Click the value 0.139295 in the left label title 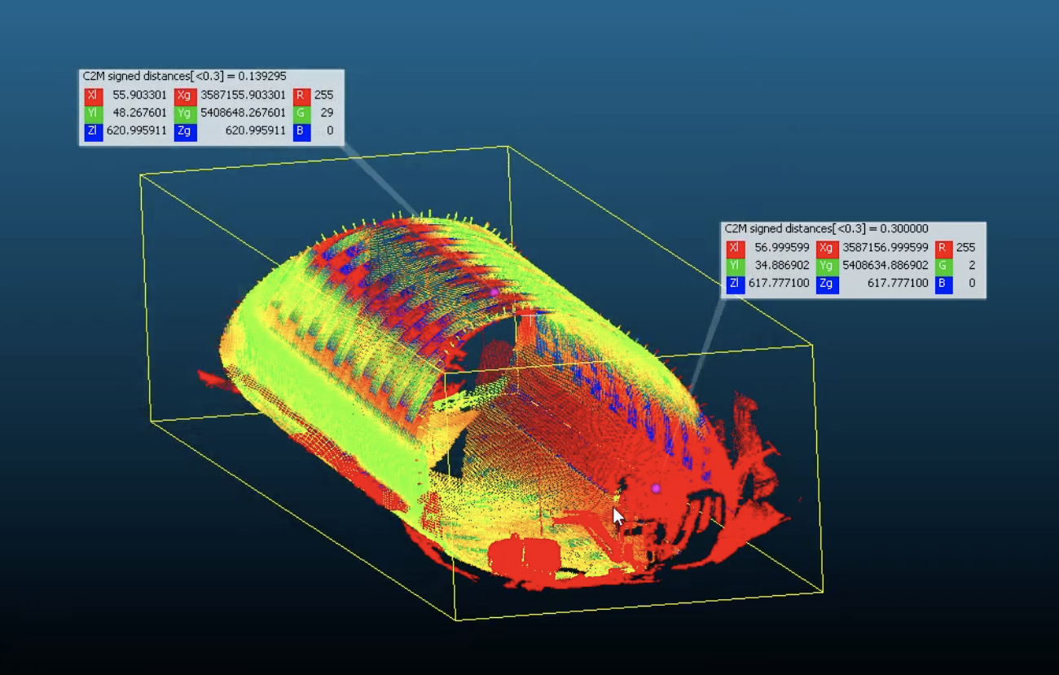click(262, 76)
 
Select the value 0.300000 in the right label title click(904, 228)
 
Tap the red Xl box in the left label click(93, 95)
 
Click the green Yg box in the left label click(185, 113)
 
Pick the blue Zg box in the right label click(827, 284)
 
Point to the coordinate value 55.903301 click(139, 95)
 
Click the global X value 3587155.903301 click(243, 95)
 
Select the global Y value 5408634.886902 click(885, 266)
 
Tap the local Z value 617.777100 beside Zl click(779, 284)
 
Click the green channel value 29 click(327, 113)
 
